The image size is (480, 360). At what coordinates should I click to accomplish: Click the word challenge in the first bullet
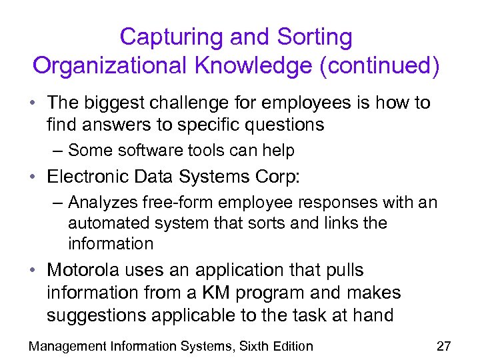203,103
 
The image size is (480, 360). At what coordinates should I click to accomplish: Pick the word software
141,151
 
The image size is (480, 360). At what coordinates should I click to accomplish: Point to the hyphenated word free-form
181,202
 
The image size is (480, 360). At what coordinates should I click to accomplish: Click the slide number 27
443,345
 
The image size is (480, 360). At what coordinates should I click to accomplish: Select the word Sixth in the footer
249,345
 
